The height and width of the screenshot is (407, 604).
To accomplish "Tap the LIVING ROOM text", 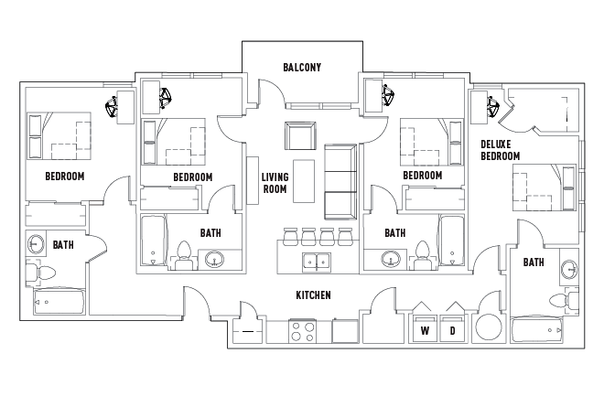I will (275, 183).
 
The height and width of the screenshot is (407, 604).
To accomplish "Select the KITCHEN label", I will (312, 295).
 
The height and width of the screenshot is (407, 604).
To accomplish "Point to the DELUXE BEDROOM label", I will (501, 151).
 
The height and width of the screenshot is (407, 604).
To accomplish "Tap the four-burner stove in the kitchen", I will (303, 330).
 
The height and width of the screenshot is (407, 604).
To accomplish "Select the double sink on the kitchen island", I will (317, 263).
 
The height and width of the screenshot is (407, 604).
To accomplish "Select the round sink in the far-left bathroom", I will (38, 245).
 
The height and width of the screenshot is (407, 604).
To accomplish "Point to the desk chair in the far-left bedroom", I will (114, 108).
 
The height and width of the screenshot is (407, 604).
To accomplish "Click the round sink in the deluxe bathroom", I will (567, 270).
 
